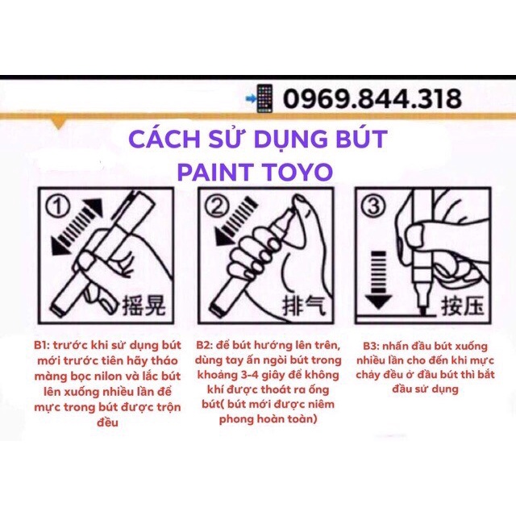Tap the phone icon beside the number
(263, 98)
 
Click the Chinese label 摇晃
(142, 306)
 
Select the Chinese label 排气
(298, 306)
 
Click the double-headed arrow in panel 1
(79, 234)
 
